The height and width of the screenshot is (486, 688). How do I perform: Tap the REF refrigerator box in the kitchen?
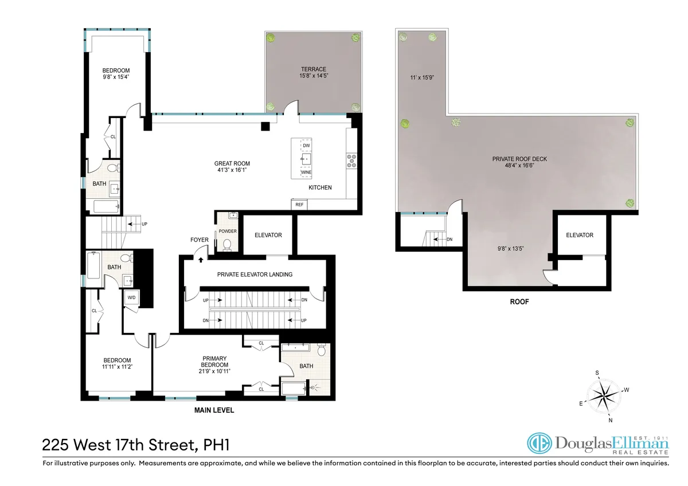coord(299,205)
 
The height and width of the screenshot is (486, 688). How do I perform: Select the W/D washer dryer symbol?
coord(131,297)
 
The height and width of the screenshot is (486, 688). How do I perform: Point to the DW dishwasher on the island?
coord(306,146)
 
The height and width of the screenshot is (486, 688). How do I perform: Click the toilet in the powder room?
coord(227,245)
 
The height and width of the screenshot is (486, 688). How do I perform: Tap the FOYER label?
coord(200,240)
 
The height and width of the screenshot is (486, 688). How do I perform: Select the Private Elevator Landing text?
coord(255,275)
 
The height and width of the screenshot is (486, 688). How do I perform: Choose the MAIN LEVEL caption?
coord(214,410)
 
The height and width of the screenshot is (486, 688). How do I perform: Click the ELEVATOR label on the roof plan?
coord(579,235)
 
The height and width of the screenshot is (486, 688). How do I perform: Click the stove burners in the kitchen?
coord(351,162)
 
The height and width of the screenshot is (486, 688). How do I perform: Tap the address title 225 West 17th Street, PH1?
coord(138,444)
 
